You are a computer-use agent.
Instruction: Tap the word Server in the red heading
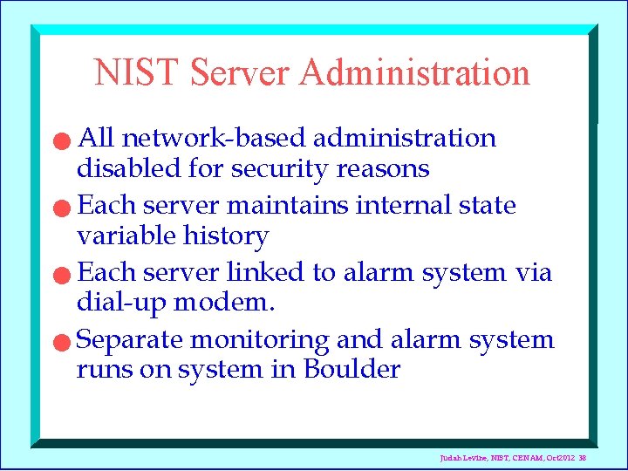pyautogui.click(x=241, y=72)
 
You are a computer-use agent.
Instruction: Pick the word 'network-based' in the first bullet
pyautogui.click(x=215, y=139)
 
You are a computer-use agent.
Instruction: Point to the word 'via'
pyautogui.click(x=533, y=273)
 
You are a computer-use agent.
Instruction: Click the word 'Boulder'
pyautogui.click(x=352, y=370)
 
